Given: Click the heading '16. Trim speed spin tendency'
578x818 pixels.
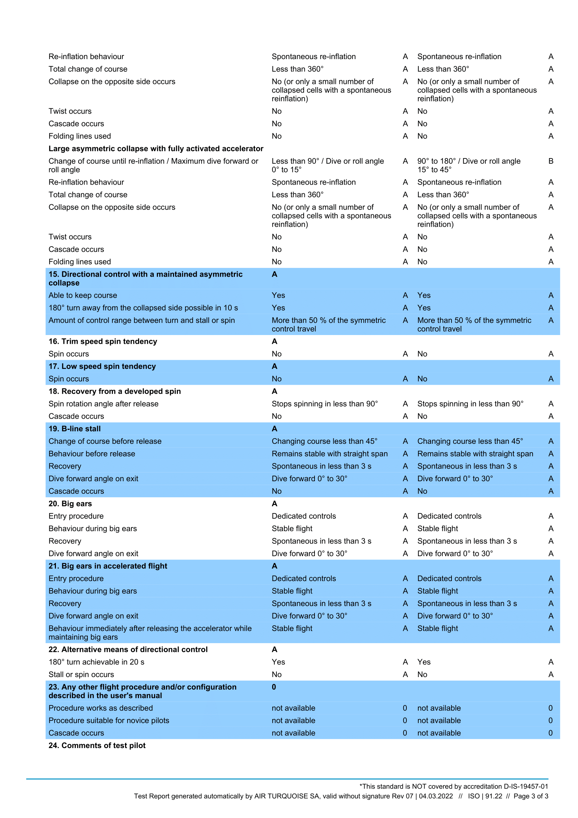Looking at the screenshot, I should tap(102, 341).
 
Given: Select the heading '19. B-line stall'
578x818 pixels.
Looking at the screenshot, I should tap(74, 429).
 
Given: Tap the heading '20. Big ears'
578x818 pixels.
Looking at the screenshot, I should tap(70, 503).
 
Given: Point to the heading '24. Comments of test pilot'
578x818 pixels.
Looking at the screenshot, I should tap(97, 745).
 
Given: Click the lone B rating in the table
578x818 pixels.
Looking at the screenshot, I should tap(551, 161).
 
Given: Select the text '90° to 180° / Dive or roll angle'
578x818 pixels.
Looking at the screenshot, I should tap(469, 161).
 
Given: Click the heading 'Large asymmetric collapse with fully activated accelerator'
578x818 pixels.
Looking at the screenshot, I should tap(156, 149).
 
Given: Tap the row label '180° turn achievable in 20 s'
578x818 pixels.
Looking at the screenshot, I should tap(96, 662).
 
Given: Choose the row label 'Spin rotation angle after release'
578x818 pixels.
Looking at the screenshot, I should tap(103, 404).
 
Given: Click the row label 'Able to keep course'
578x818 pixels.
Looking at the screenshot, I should tap(82, 296).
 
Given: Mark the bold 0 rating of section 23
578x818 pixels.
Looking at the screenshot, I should tap(274, 687).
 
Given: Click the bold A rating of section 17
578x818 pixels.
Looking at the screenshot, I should tap(274, 366).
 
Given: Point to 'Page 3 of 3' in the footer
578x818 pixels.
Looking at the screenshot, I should tap(531, 796).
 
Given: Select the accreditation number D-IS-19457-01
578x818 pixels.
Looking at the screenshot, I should tap(526, 786).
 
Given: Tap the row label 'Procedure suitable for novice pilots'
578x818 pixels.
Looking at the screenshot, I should tap(109, 720).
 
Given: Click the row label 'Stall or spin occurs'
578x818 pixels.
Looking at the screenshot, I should tap(81, 674).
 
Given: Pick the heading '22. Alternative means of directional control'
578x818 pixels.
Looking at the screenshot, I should tap(128, 649).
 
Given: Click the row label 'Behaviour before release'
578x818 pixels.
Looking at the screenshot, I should tap(92, 454).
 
